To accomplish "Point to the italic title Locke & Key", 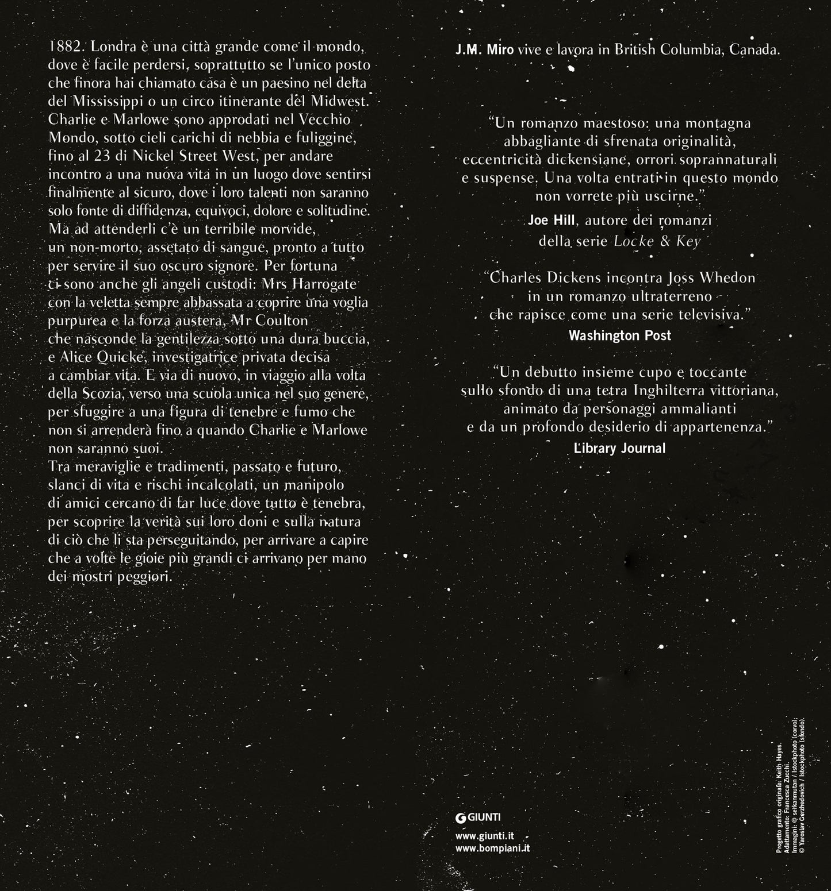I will pos(657,241).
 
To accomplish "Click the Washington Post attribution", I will pos(619,335).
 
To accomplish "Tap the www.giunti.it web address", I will pos(484,837).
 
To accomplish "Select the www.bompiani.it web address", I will pos(492,848).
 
